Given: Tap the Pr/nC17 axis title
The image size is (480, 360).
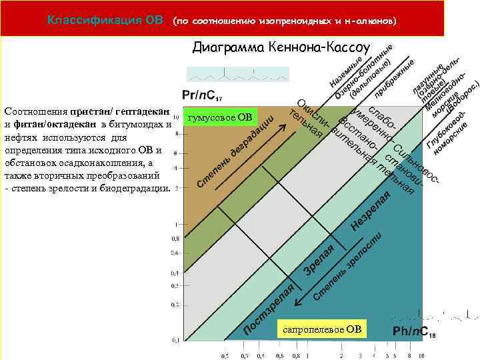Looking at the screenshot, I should [x=203, y=96].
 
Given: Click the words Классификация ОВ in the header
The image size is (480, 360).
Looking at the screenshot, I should [x=105, y=20].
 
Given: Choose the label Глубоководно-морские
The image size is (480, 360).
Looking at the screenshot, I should [x=447, y=129].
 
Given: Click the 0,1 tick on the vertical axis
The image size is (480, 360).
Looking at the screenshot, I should [x=175, y=341].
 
